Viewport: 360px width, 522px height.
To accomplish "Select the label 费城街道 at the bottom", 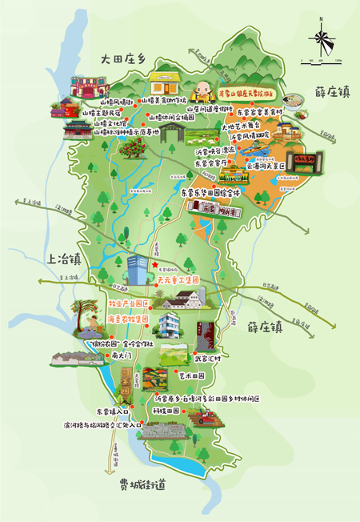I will point(142,484).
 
